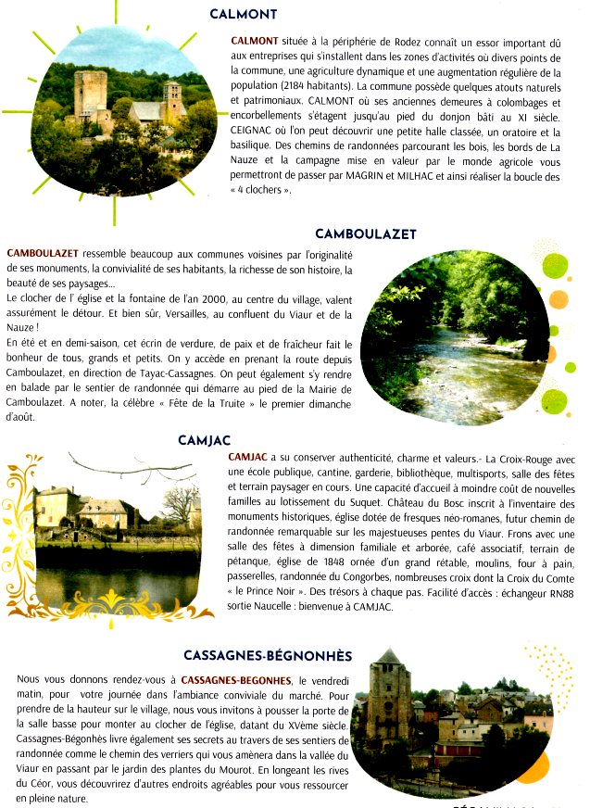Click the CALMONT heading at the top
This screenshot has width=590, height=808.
[x=244, y=14]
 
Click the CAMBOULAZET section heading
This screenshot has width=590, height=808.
[x=366, y=234]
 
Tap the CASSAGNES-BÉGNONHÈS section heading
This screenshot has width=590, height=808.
[x=268, y=656]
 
